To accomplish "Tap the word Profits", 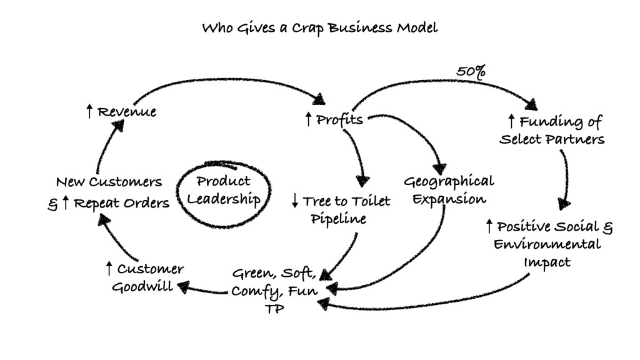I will [x=339, y=119].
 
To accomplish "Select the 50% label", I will [x=471, y=72].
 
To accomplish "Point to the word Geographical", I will [x=448, y=182].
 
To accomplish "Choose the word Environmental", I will [x=547, y=244].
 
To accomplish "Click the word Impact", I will [x=547, y=262].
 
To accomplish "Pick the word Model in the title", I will [x=419, y=27].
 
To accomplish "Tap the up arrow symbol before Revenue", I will [x=89, y=112].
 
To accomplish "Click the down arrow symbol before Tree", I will [x=295, y=201].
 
